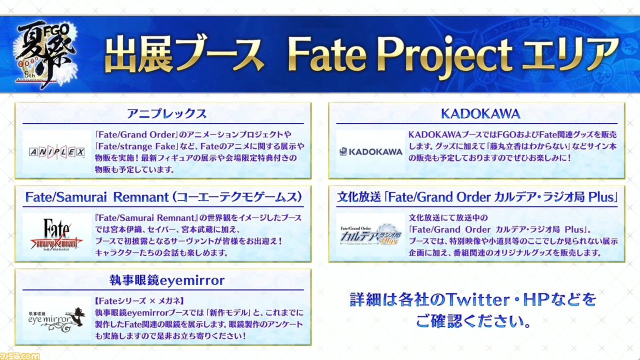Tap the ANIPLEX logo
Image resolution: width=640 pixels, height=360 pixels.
[x=57, y=152]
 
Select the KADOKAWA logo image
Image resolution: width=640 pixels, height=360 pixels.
[x=371, y=151]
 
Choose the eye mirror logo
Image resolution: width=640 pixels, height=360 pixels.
[x=56, y=319]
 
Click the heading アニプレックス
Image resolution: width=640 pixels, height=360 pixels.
[x=166, y=113]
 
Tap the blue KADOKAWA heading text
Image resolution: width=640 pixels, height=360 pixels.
[x=480, y=113]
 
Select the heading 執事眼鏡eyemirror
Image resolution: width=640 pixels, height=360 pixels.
[x=167, y=280]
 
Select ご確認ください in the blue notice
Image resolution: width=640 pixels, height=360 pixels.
[x=473, y=321]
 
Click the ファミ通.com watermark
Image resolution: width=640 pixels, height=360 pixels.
[x=19, y=356]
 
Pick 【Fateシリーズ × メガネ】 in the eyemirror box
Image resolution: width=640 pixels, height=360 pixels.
[x=139, y=301]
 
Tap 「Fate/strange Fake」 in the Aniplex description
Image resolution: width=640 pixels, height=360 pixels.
[x=136, y=146]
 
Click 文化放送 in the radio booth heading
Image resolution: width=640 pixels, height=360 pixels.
[x=359, y=197]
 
